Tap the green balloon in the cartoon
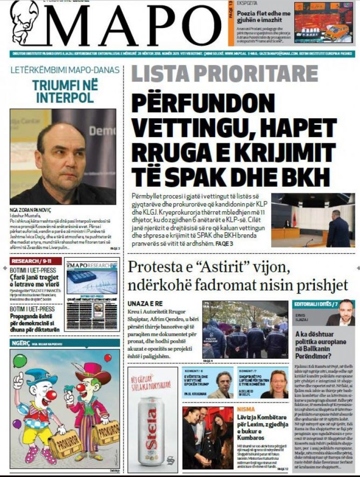point(20,360)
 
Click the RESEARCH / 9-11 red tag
point(32,261)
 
